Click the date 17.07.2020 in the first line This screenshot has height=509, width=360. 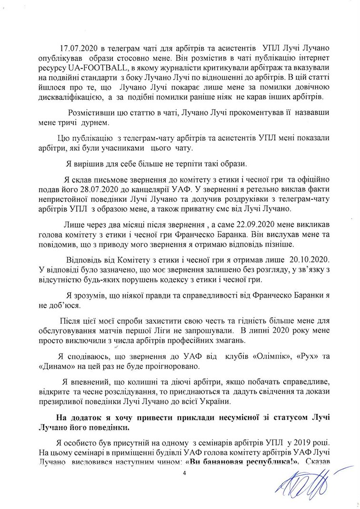coord(77,49)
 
